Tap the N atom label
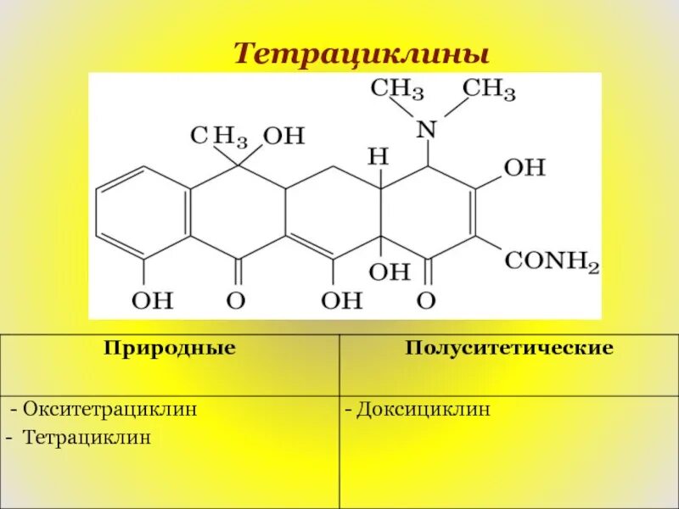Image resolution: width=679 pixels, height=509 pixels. click(x=426, y=129)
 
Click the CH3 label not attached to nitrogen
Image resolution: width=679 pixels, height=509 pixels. click(x=218, y=136)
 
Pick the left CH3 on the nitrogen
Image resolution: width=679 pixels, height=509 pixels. click(x=401, y=89)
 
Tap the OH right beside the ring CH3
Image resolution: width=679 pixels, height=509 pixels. click(x=283, y=136)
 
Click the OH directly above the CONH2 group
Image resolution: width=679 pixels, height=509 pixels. click(x=524, y=167)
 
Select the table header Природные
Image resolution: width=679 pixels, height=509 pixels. click(x=170, y=349)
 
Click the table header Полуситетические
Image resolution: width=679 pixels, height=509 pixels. click(x=509, y=349)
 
